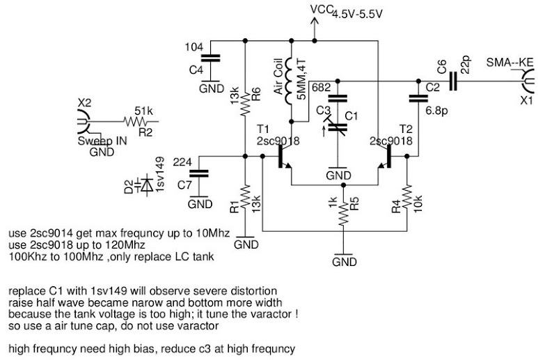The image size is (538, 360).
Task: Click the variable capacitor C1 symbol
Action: tap(337, 127)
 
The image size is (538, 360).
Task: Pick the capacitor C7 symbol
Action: tap(200, 174)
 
